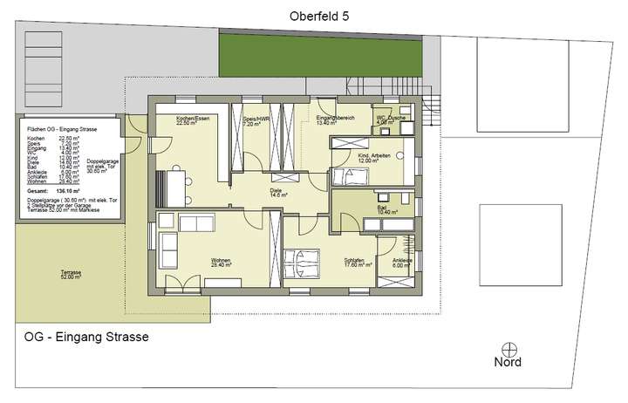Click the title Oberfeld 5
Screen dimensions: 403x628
pyautogui.click(x=320, y=15)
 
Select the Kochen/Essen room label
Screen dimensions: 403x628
pyautogui.click(x=190, y=120)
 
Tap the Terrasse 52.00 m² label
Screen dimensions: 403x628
pyautogui.click(x=72, y=275)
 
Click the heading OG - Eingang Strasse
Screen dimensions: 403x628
pyautogui.click(x=85, y=337)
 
